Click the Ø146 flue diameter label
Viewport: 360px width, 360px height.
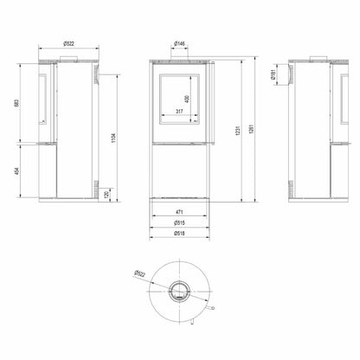[180, 43]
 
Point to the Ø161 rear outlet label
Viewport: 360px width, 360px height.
[273, 75]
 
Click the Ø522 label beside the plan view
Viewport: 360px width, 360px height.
[140, 275]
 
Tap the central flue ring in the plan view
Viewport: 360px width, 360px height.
[180, 290]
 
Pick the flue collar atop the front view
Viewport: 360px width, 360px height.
[180, 60]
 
